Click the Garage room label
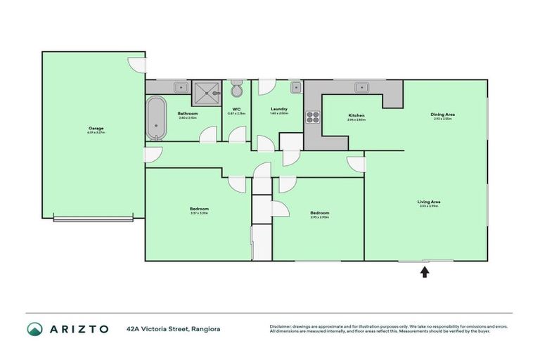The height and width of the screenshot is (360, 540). click(x=96, y=129)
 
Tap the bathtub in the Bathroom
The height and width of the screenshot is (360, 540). click(x=155, y=117)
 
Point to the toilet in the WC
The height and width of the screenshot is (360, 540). click(x=237, y=89)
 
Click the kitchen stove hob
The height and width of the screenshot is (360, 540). click(x=312, y=117)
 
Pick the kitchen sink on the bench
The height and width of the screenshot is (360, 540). click(x=361, y=87)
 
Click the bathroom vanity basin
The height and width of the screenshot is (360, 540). click(x=180, y=87)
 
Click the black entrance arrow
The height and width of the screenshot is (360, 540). click(x=425, y=271)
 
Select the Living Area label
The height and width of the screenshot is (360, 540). click(x=429, y=202)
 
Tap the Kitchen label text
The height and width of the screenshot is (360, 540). click(x=356, y=115)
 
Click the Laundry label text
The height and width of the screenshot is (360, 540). click(x=279, y=109)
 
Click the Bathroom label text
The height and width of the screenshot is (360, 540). click(x=188, y=113)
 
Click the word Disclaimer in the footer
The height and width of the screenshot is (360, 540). click(x=283, y=326)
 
